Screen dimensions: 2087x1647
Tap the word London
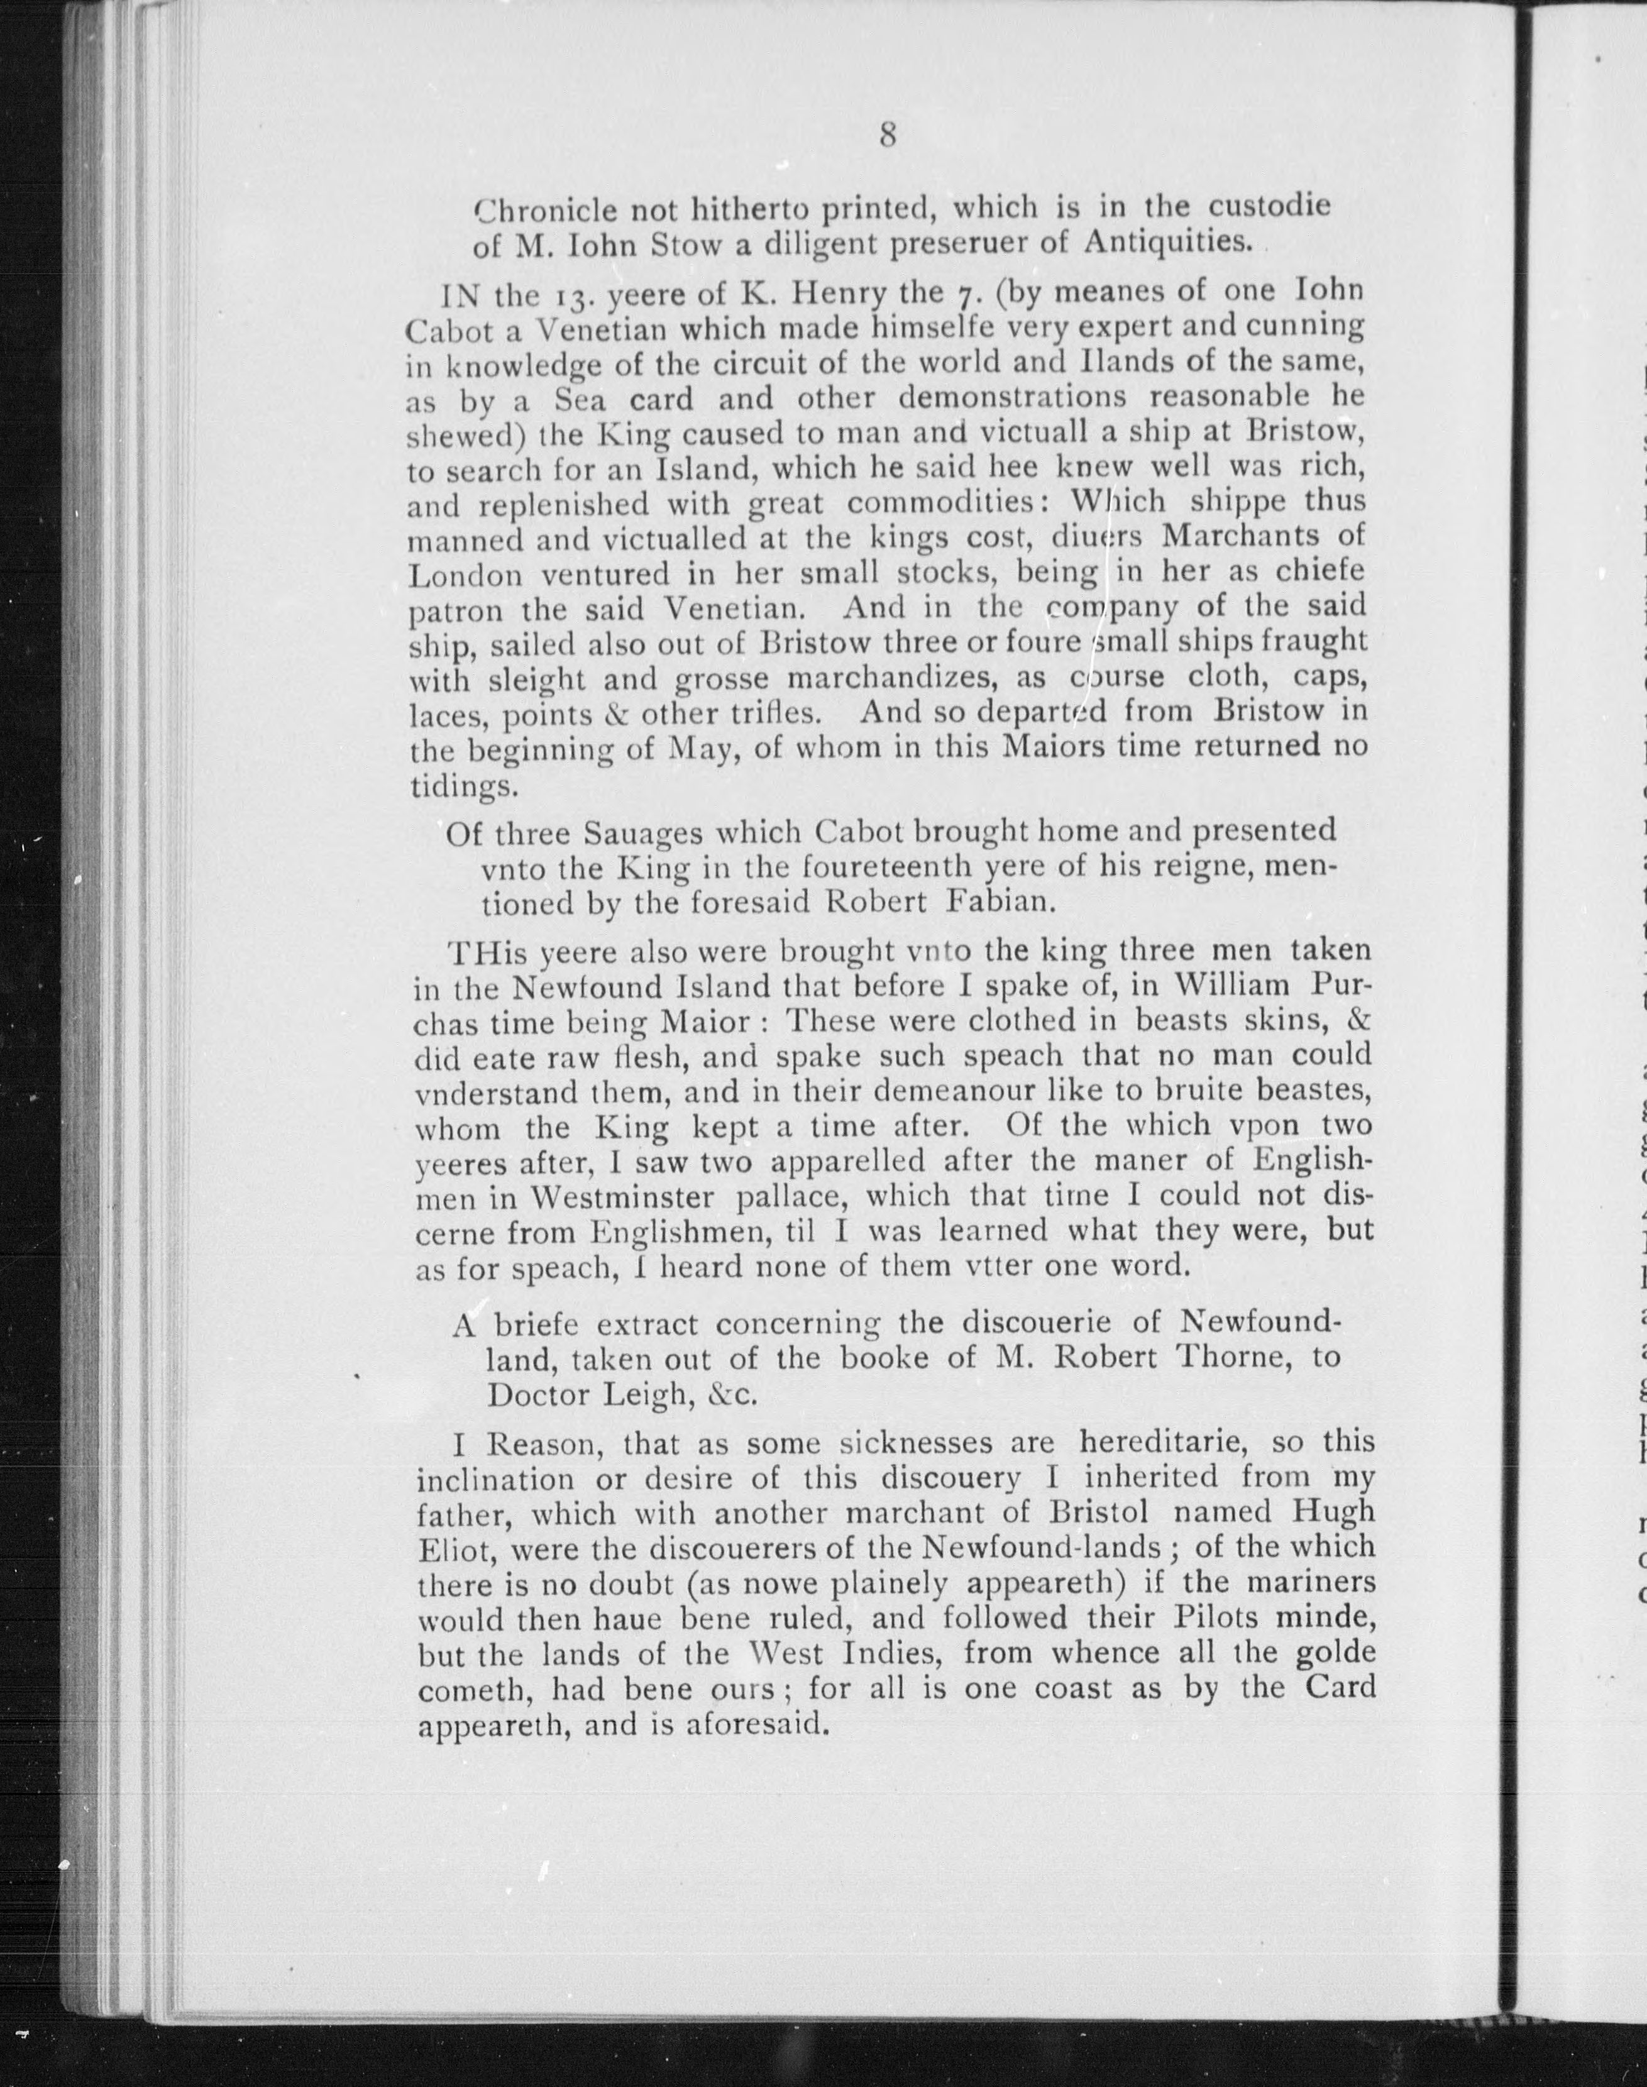[x=466, y=576]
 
